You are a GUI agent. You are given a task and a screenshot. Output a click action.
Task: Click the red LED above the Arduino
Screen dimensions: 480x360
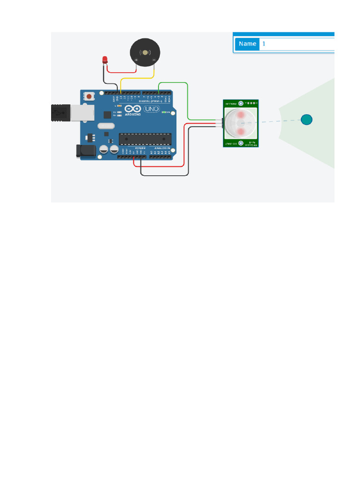pos(105,60)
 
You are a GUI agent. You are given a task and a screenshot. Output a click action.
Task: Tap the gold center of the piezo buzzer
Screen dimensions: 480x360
pos(145,52)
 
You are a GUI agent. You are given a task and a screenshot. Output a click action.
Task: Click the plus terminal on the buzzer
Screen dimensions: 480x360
pos(136,60)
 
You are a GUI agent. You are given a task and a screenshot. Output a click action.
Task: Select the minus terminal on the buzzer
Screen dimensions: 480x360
pos(154,60)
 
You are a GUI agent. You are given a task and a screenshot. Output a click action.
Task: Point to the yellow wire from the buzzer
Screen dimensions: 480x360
pos(136,78)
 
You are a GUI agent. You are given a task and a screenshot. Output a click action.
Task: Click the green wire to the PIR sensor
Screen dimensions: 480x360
pos(187,101)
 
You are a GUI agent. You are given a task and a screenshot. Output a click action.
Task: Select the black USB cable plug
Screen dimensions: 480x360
pos(60,113)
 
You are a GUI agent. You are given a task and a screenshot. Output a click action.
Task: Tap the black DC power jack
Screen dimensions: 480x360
pos(86,151)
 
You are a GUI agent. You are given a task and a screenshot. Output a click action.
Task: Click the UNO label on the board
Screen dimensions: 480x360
pos(151,109)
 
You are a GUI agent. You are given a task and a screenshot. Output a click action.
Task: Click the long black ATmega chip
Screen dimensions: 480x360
pos(145,139)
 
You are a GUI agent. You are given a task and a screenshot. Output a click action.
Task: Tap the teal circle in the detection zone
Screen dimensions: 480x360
pos(306,120)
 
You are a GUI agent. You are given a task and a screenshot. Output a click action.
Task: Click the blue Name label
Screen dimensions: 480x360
pos(247,44)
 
